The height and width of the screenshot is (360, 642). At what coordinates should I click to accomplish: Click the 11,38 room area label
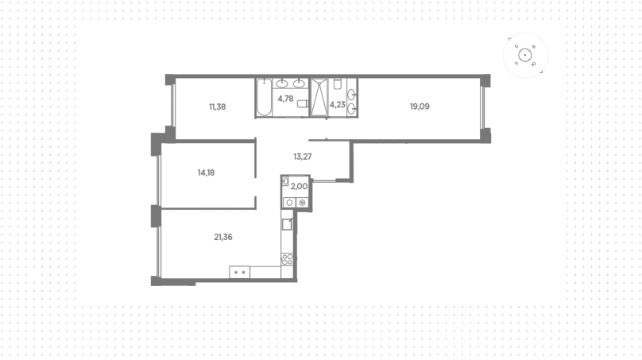[x=218, y=107]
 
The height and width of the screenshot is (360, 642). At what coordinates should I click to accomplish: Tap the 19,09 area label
[x=420, y=106]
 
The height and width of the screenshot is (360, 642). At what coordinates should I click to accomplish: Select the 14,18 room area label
[x=206, y=172]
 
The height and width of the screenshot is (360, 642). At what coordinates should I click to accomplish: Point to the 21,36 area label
[x=223, y=237]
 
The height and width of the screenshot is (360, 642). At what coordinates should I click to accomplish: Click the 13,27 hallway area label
[x=303, y=157]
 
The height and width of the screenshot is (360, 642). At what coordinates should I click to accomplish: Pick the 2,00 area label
[x=299, y=186]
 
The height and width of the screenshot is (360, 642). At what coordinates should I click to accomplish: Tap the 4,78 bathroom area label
[x=285, y=99]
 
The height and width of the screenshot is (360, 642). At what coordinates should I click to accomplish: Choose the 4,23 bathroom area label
[x=338, y=105]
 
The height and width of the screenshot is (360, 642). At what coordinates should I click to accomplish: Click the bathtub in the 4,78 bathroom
[x=264, y=97]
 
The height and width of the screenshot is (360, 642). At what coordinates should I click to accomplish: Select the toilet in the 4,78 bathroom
[x=303, y=103]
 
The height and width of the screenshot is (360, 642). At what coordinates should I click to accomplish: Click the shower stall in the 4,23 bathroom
[x=319, y=98]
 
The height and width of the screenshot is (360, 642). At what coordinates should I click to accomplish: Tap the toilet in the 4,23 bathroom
[x=338, y=84]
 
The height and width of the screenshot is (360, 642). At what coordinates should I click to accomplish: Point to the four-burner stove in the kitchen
[x=287, y=259]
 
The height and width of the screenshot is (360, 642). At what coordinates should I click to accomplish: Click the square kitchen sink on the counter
[x=287, y=224]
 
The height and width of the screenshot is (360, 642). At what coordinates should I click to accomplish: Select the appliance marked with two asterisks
[x=239, y=273]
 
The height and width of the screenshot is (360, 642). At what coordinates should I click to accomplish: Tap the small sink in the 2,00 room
[x=285, y=181]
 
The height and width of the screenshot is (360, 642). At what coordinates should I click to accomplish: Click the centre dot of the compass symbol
[x=525, y=56]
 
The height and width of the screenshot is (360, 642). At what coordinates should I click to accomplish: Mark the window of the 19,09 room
[x=482, y=107]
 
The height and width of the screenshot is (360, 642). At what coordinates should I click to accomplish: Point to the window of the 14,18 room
[x=159, y=180]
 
